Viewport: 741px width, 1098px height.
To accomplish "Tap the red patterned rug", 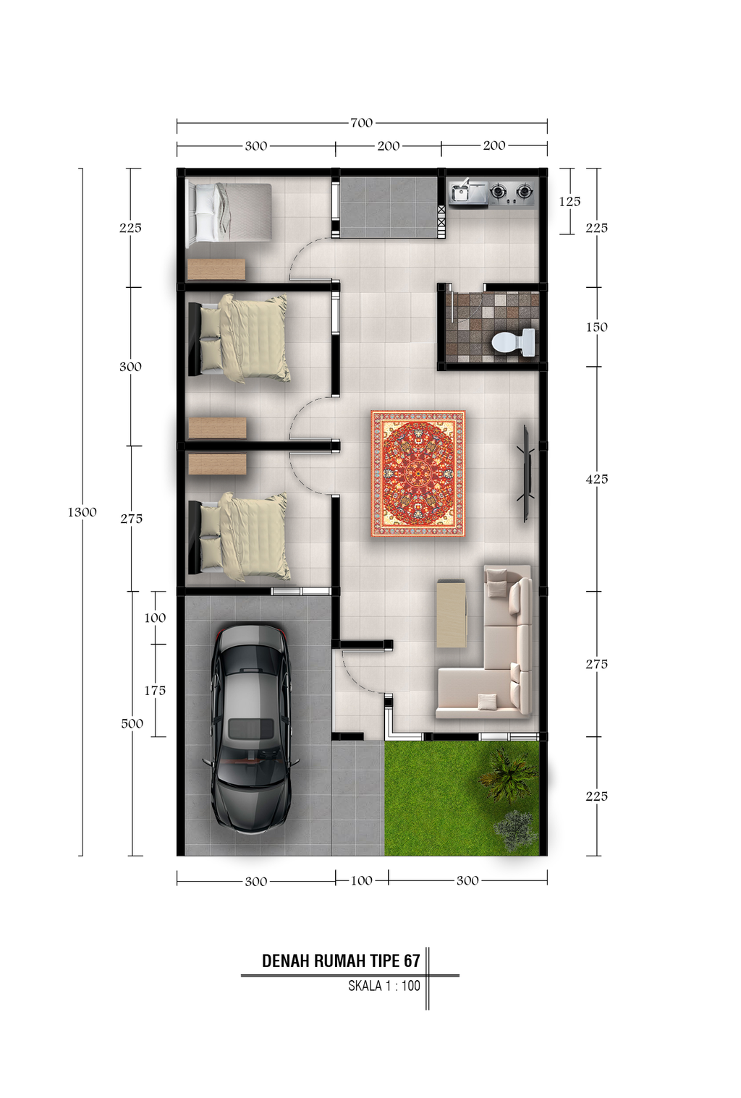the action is click(x=418, y=474).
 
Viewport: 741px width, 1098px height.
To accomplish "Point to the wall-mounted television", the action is click(x=525, y=473).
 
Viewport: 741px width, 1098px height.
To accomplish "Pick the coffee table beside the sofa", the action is click(x=451, y=613).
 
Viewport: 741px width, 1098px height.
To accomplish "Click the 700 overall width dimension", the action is click(x=362, y=122).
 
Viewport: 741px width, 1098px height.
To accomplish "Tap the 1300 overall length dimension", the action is click(x=82, y=512).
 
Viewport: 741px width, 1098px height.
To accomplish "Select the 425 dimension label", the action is click(x=597, y=479).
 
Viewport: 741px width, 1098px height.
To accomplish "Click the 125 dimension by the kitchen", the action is click(x=569, y=202).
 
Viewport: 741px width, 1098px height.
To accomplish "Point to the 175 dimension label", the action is click(x=155, y=691).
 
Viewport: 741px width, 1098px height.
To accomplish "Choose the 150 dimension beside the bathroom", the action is click(x=597, y=327).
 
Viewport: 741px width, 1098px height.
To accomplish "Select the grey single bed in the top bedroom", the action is click(x=229, y=212).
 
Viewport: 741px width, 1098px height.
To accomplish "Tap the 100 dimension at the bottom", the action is click(x=361, y=881).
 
